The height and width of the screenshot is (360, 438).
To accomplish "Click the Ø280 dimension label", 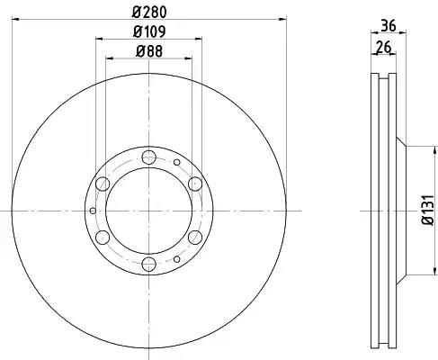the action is click(149, 12).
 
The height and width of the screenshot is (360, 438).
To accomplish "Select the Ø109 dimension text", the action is click(149, 31).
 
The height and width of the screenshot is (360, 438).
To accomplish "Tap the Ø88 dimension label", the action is click(149, 51).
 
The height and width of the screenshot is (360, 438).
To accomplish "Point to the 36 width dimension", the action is click(389, 25).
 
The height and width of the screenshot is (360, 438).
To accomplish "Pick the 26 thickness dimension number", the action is click(384, 48).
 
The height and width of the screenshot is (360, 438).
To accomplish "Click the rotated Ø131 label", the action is click(428, 210).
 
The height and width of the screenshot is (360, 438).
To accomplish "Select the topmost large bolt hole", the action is click(149, 157).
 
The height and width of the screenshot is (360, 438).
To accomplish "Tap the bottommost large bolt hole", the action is click(149, 264).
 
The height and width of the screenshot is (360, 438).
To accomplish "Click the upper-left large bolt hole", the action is click(103, 184).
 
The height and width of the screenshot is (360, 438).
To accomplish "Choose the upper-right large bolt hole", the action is click(195, 184).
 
